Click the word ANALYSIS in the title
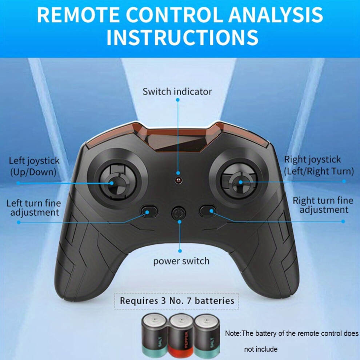pos(276,15)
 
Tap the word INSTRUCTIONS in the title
pos(183,37)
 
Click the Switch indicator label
pos(177,92)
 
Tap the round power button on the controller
pos(179,213)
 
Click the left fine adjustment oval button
pos(149,211)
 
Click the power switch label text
pos(181,261)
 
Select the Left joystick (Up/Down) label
pos(34,166)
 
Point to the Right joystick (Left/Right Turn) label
pos(319,165)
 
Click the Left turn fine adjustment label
pos(34,208)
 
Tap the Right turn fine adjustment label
pos(323,205)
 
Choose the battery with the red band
pos(181,336)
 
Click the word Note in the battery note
pos(232,333)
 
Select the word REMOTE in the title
pos(78,15)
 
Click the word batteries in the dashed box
pos(215,301)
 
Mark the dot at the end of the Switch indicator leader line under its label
pos(178,100)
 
